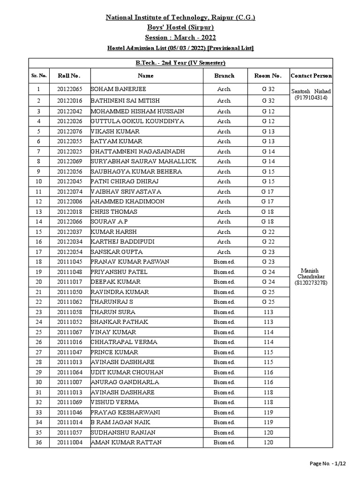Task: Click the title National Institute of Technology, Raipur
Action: coord(180,18)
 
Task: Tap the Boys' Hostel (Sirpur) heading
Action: coord(180,28)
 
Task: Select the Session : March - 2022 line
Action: coord(180,37)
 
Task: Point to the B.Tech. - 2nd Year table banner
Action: coord(180,63)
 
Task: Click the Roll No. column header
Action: coord(69,75)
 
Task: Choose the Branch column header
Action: coord(224,75)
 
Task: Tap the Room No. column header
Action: coord(268,75)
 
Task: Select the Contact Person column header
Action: coord(311,75)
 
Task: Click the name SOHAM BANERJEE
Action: coord(119,89)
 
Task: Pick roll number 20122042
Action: coord(69,111)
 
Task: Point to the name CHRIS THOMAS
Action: coord(114,212)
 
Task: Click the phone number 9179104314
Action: coord(311,97)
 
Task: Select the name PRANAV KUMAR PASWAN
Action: coord(130,262)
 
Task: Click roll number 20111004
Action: coord(69,442)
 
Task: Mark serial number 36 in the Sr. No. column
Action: coord(39,442)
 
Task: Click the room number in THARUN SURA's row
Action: coord(268,312)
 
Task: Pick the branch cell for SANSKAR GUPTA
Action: coord(224,252)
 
